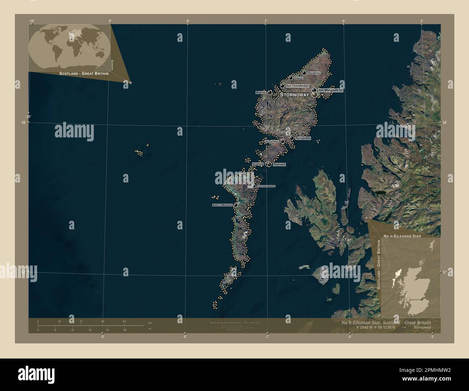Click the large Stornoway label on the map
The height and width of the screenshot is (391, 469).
pos(294,95)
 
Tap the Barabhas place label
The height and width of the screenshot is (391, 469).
pos(314,73)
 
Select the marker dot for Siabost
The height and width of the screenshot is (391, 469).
pos(291,78)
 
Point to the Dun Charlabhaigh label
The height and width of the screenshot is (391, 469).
pos(297,86)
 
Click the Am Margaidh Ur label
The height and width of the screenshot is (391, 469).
pos(330,90)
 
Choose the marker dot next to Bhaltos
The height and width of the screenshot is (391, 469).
pos(269,92)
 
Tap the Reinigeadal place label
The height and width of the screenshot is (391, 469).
pos(303,138)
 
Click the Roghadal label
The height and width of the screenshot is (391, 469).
pos(279,164)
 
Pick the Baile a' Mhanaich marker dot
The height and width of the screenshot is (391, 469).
pos(236,205)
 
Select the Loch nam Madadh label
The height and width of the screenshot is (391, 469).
pos(266,186)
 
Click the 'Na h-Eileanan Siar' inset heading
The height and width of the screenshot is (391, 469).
pos(402,236)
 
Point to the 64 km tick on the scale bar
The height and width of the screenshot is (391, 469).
pos(124,321)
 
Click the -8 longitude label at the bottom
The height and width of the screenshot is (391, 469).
pos(185,337)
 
